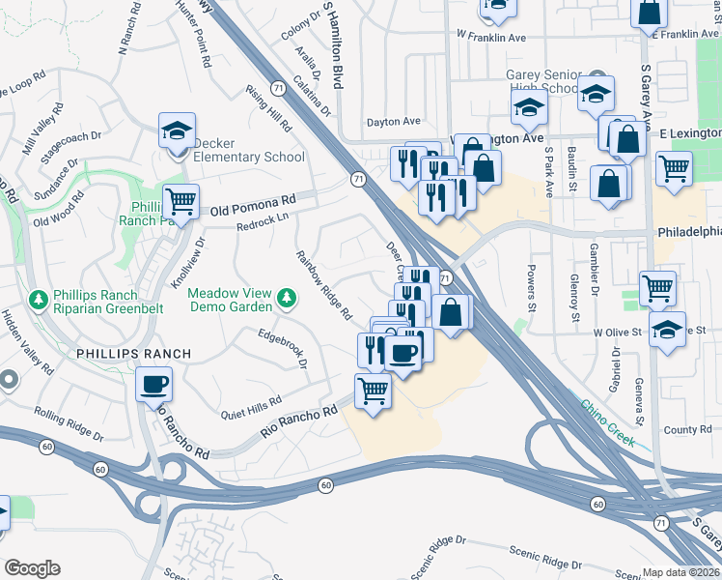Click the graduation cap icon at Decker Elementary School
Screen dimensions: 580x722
(178, 132)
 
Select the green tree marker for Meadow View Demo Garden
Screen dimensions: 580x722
(286, 299)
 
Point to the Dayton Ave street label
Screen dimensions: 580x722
(394, 122)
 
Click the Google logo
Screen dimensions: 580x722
(32, 568)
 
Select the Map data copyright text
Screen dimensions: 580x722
(681, 571)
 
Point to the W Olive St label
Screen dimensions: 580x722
(618, 331)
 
